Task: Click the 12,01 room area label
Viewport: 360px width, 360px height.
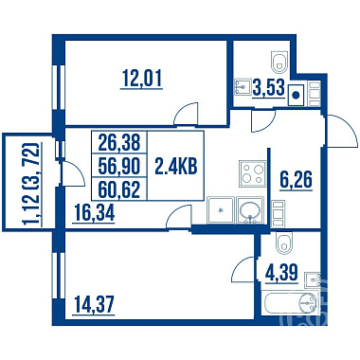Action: [142, 79]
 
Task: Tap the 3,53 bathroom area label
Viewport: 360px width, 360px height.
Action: [269, 87]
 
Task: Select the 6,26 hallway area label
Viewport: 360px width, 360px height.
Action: [296, 179]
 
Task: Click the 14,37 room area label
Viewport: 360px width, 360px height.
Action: [94, 304]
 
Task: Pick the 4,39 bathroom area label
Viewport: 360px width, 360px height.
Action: [281, 273]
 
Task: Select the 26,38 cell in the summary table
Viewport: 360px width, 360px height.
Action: [119, 142]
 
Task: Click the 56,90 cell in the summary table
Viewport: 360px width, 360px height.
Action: [119, 166]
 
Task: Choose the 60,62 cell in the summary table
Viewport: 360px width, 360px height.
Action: [119, 189]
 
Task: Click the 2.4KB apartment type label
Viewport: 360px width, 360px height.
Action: [176, 166]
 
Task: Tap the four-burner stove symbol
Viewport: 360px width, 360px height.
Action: [252, 173]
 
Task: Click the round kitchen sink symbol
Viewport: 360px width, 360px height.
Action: [250, 209]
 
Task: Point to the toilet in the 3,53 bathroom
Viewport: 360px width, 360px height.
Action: [279, 63]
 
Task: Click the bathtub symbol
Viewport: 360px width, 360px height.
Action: [291, 303]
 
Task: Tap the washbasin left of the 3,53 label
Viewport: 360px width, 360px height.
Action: [243, 86]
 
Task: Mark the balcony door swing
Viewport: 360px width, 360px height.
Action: [73, 173]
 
